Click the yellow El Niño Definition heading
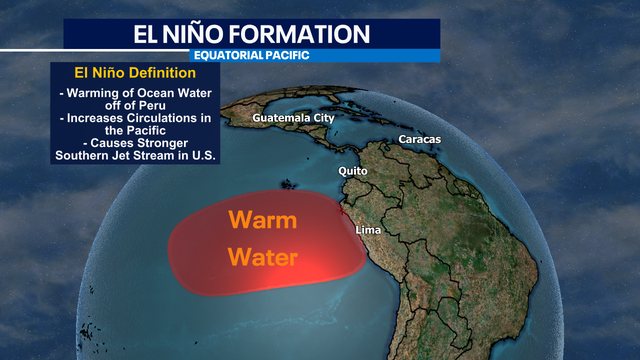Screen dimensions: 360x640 tap(136, 74)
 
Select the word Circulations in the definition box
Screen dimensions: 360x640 tap(166, 118)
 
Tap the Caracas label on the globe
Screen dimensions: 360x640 tap(419, 139)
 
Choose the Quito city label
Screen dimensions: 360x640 tap(353, 171)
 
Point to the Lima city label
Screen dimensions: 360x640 tap(370, 231)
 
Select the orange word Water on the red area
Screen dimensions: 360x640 tap(263, 257)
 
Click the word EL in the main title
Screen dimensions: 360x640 tap(150, 32)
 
